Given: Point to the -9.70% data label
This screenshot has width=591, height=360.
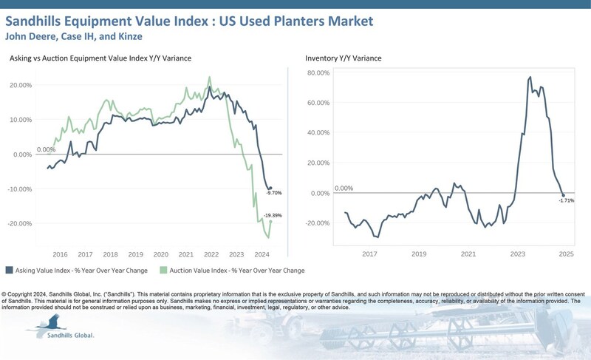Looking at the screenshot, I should pos(273,193).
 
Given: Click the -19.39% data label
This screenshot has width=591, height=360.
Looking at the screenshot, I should pos(273,215).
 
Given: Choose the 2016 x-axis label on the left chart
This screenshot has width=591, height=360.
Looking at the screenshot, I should pos(60,253).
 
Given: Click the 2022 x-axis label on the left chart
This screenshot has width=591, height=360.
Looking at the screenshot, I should pos(212,253).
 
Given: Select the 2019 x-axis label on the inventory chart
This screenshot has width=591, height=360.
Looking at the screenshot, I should pos(419,253).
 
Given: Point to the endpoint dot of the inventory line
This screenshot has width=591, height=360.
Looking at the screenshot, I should pos(564,195).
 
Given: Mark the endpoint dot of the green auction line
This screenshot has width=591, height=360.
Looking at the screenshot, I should pos(270,221).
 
